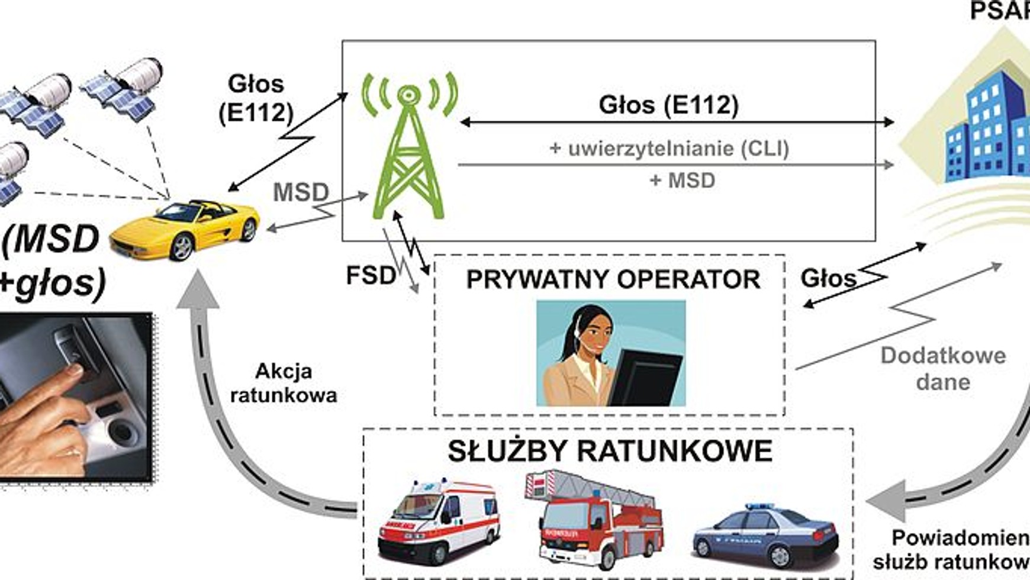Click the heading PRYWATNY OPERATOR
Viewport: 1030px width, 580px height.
(613, 279)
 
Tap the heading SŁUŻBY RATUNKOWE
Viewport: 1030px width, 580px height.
(610, 451)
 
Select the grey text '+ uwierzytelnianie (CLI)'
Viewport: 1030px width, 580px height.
(669, 148)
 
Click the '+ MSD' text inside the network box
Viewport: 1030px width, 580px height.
(682, 180)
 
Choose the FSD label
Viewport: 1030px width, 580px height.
(371, 275)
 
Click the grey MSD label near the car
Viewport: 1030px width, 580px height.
(301, 192)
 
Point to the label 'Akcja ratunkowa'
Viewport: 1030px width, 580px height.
(284, 383)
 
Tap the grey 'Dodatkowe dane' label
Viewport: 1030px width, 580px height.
(943, 368)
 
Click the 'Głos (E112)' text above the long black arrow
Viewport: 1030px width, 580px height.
(669, 105)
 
